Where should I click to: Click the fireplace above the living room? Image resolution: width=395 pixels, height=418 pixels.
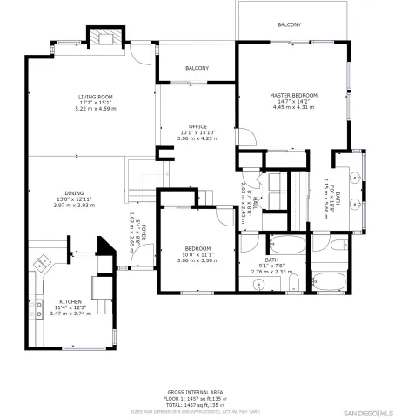104,37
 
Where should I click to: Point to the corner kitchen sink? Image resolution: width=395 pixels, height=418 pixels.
42,261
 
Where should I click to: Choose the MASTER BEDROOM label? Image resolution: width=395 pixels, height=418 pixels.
293,95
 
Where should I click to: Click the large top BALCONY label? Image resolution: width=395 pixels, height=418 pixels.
290,24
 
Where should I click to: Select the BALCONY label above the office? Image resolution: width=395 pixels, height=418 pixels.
197,68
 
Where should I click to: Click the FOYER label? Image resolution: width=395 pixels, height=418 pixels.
144,231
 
